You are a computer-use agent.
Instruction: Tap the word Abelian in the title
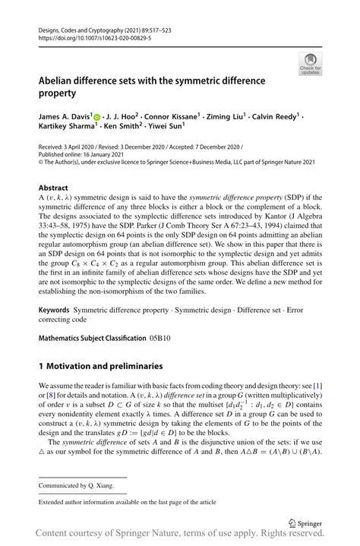pos(59,79)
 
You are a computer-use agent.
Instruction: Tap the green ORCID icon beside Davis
pos(96,118)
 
